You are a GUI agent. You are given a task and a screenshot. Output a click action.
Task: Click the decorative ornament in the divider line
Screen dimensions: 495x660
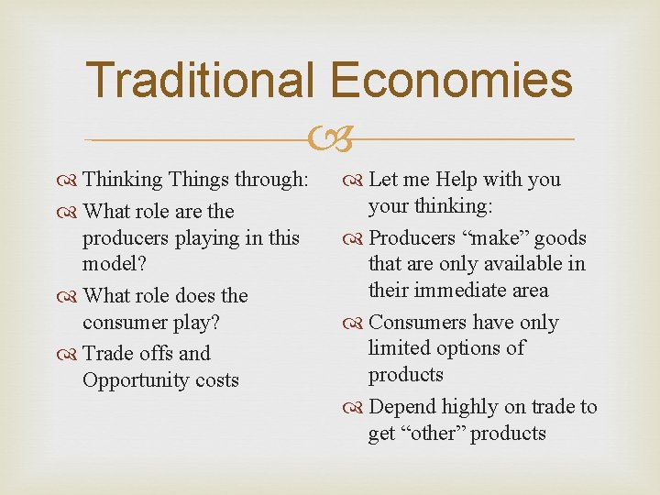[x=330, y=140]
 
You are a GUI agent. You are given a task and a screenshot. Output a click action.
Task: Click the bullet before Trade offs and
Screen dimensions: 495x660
[x=71, y=354]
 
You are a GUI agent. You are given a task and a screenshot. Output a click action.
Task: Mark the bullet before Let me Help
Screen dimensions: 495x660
[x=357, y=181]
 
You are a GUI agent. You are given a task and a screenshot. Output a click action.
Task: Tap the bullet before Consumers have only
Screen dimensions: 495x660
[x=357, y=323]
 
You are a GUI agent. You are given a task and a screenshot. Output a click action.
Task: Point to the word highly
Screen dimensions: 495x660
[x=471, y=407]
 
